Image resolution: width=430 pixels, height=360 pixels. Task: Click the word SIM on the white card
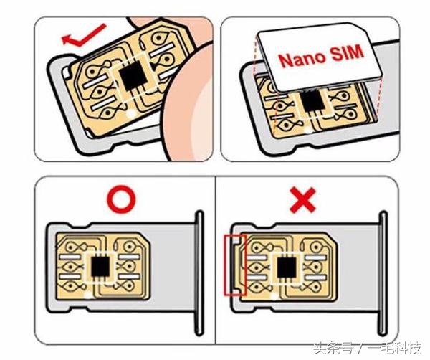[x=347, y=52]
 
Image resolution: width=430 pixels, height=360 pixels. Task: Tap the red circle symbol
[x=122, y=199]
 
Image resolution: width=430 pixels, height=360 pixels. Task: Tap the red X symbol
[x=302, y=200]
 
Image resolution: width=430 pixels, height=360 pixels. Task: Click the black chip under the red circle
[x=100, y=267]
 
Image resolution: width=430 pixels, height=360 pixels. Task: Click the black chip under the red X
[x=287, y=267]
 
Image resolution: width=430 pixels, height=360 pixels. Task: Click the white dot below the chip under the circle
[x=88, y=295]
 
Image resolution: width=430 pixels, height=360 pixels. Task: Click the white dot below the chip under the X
[x=274, y=295]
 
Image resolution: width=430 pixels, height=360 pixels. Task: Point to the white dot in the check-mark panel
[x=131, y=113]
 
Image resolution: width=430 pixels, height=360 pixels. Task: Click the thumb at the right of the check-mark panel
[x=189, y=104]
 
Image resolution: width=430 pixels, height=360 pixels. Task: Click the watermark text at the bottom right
[x=368, y=349]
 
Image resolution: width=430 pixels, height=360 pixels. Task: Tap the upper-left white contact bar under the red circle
[x=70, y=257]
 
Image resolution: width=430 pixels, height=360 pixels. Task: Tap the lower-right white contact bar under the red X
[x=316, y=277]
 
